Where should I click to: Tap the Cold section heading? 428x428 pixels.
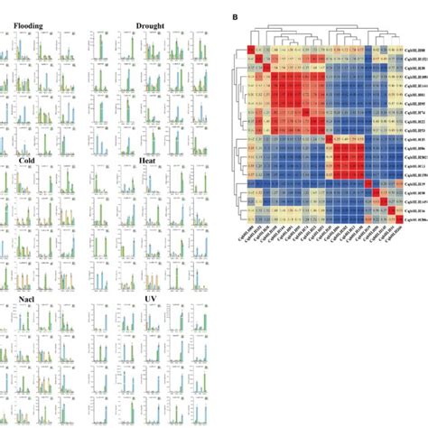[27, 160]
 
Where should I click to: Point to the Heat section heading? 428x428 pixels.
[148, 160]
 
